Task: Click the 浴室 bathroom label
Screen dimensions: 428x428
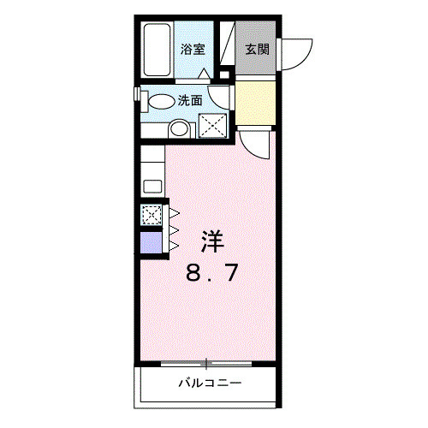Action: click(x=193, y=50)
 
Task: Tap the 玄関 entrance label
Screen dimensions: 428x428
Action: click(x=257, y=50)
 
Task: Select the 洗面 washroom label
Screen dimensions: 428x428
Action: click(x=190, y=100)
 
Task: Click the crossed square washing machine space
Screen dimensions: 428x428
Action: click(x=211, y=125)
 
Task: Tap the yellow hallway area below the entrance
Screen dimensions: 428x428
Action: click(x=254, y=102)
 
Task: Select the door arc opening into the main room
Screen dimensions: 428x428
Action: click(x=257, y=141)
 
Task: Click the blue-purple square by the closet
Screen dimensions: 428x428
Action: click(x=150, y=242)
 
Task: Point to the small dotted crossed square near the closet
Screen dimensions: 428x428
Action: click(x=151, y=215)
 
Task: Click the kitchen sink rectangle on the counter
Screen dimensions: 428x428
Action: click(x=152, y=186)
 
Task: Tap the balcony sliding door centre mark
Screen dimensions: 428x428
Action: click(x=205, y=363)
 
